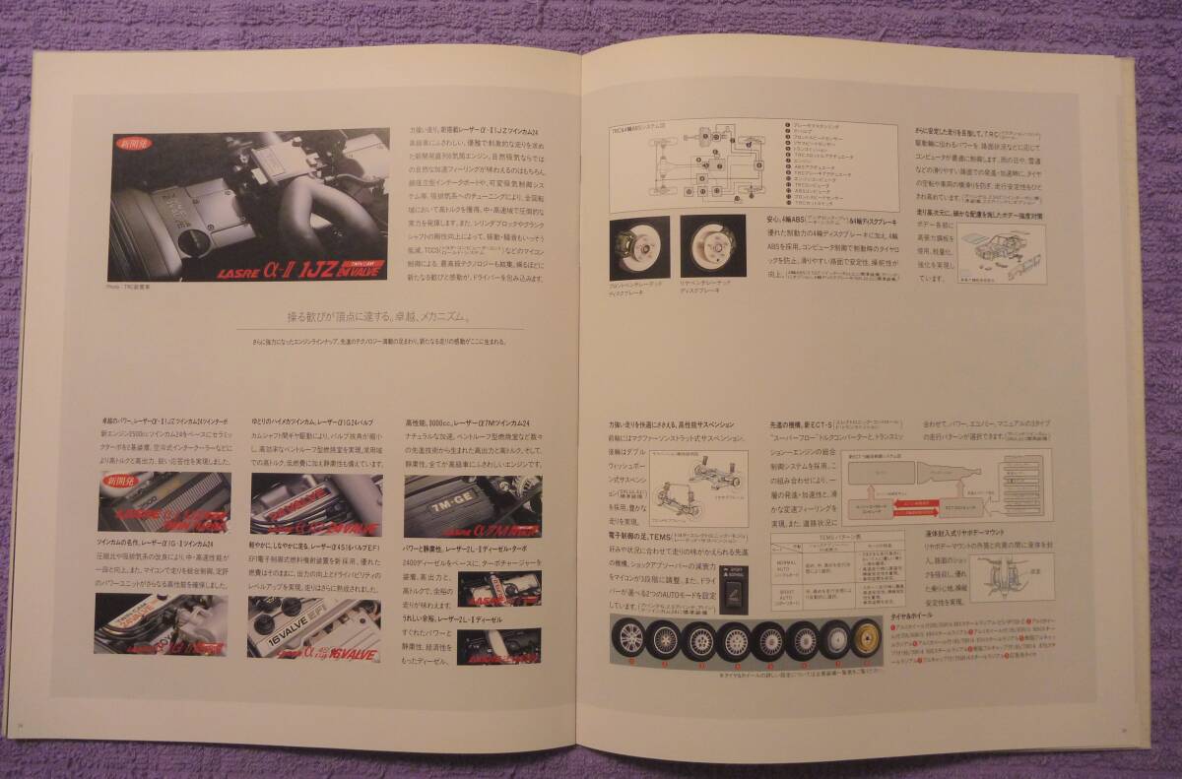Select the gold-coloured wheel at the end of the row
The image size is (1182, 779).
pos(868,640)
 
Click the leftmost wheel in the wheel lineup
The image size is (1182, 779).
pos(629,640)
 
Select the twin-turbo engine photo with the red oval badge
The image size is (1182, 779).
pos(164,503)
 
